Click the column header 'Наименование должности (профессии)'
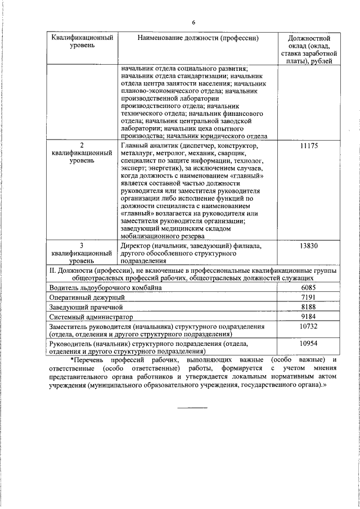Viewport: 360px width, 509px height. [198, 38]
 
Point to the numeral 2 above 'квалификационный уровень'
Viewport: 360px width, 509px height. [82, 145]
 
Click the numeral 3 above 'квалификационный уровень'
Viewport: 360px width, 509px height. [82, 245]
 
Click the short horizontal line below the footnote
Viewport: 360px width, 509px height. [193, 407]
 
